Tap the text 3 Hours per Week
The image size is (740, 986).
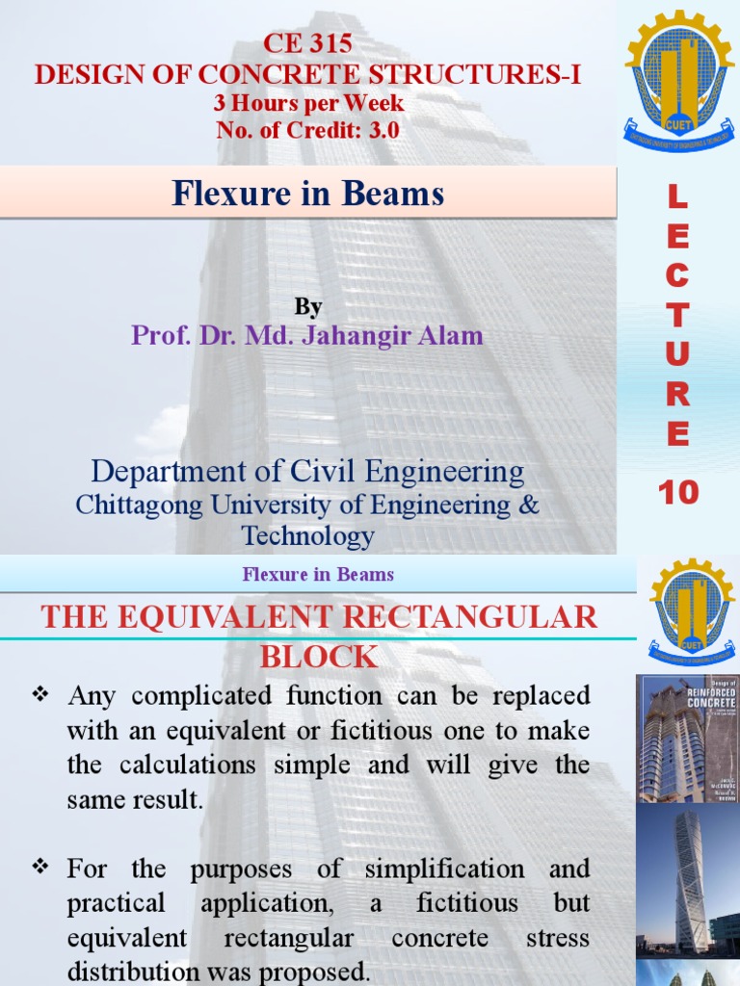(308, 102)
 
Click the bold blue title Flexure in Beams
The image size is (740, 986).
(308, 194)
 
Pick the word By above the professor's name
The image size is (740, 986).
(308, 306)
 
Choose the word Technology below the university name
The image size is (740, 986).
(308, 535)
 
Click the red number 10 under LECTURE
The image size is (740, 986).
(677, 493)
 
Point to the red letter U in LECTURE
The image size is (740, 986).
(677, 354)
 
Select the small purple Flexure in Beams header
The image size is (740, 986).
(318, 575)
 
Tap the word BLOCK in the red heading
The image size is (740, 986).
(318, 657)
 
